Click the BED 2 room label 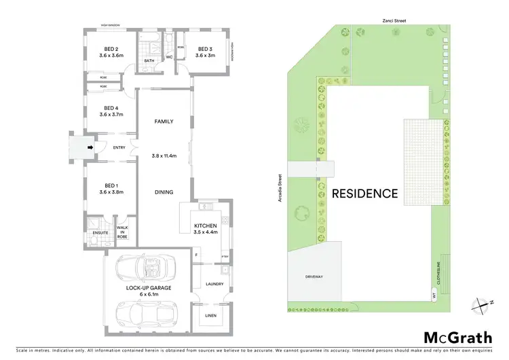(x=111, y=49)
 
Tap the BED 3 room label (x=206, y=49)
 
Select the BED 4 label (x=111, y=108)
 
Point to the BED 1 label (x=111, y=186)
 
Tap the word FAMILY (x=164, y=122)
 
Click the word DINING (x=164, y=192)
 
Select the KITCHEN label (x=205, y=225)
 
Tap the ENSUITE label (x=100, y=233)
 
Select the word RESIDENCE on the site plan (x=364, y=194)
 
